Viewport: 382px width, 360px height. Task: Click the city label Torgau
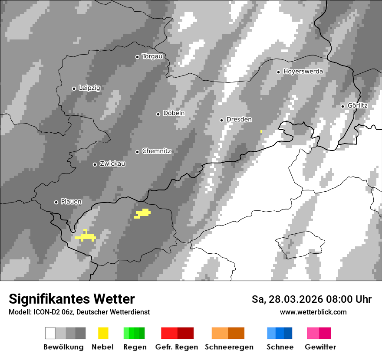pos(152,56)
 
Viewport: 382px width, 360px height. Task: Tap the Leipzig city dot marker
pos(74,88)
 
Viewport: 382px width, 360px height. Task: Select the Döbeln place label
pos(174,113)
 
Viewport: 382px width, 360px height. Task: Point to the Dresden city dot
pos(221,120)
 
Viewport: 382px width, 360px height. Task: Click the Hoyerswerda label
pos(303,72)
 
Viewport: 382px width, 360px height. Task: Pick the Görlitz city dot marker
pos(342,106)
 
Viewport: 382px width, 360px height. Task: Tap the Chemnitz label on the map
pos(156,151)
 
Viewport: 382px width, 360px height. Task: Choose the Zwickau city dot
pos(95,164)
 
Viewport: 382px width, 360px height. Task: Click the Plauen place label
pos(71,202)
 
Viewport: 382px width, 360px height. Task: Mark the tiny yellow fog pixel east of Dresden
pos(261,131)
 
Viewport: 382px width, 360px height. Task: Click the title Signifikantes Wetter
pos(72,299)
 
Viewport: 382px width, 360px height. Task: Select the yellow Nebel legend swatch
pos(103,333)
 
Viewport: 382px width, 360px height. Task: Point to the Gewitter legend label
pos(320,347)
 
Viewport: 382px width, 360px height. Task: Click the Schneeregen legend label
pos(229,347)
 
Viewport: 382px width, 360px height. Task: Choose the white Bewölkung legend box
pos(50,333)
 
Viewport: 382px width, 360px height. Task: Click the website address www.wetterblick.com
pos(313,312)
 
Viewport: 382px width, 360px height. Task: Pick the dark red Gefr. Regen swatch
pos(185,333)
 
